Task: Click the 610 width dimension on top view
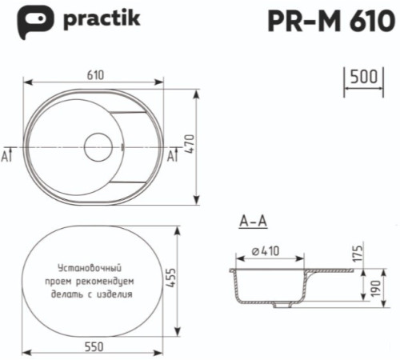click(94, 74)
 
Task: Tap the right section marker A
click(170, 154)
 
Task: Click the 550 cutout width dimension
click(94, 347)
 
